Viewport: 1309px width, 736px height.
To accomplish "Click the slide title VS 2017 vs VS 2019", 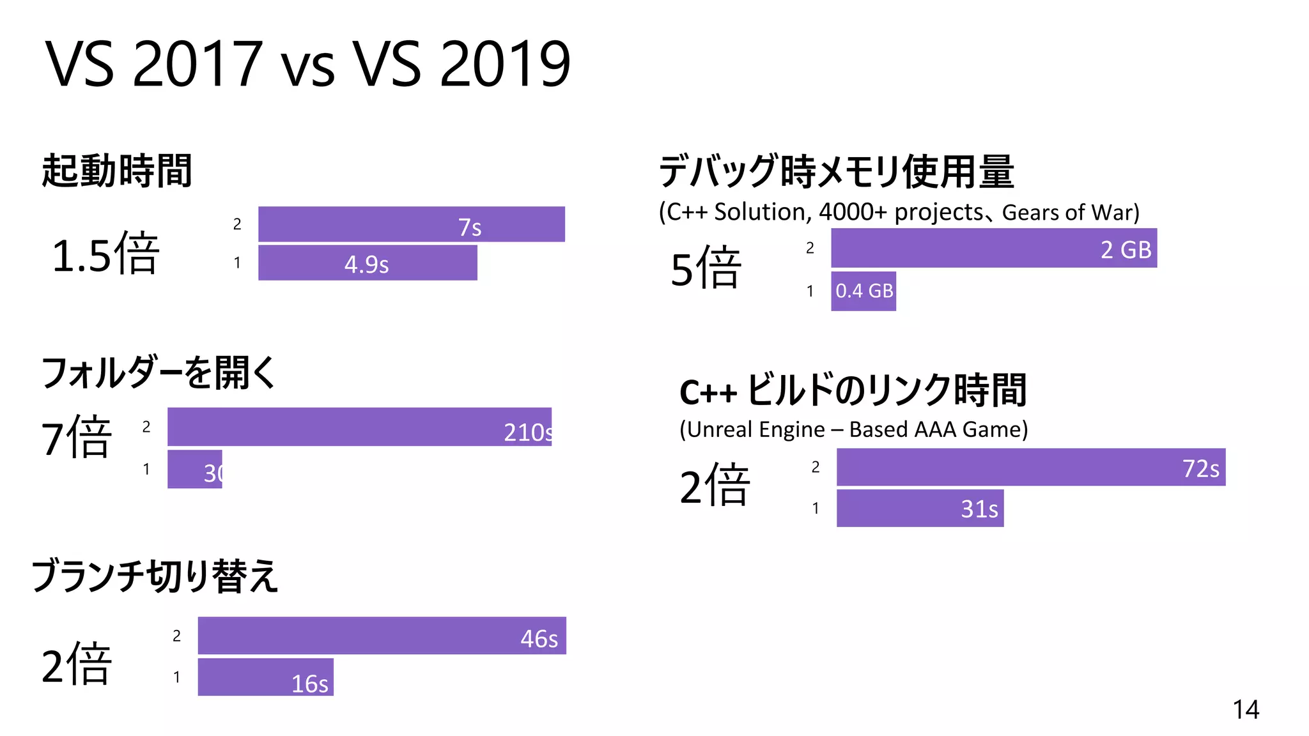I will click(x=307, y=64).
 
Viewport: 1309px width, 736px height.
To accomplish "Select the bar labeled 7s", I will click(x=411, y=225).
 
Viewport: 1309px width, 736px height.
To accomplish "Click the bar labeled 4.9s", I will click(x=368, y=263).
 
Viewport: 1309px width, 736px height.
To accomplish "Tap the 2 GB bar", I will click(x=993, y=248).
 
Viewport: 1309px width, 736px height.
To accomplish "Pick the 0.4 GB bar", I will click(x=863, y=291).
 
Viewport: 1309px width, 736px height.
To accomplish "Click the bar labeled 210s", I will click(x=359, y=427).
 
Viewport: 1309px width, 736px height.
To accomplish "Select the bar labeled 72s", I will click(x=1030, y=467).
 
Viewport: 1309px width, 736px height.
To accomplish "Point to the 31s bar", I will click(x=920, y=509).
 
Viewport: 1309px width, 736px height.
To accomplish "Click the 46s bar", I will click(x=382, y=636).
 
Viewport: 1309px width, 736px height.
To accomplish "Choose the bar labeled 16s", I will click(x=265, y=677).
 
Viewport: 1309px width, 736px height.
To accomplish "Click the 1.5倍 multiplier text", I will click(x=105, y=254).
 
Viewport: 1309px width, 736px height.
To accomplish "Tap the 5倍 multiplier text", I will click(x=706, y=268).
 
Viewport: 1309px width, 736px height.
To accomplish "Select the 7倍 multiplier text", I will click(x=77, y=437).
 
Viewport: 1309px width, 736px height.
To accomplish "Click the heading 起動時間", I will click(x=117, y=171).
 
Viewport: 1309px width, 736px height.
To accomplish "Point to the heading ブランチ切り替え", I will click(x=155, y=576).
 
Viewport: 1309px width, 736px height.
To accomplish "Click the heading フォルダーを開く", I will click(x=159, y=372).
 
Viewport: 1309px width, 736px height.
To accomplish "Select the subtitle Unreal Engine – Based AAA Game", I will click(x=853, y=429).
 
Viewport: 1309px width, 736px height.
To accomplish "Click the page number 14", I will click(x=1245, y=710).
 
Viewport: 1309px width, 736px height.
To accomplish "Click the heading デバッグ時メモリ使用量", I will click(x=836, y=171).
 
